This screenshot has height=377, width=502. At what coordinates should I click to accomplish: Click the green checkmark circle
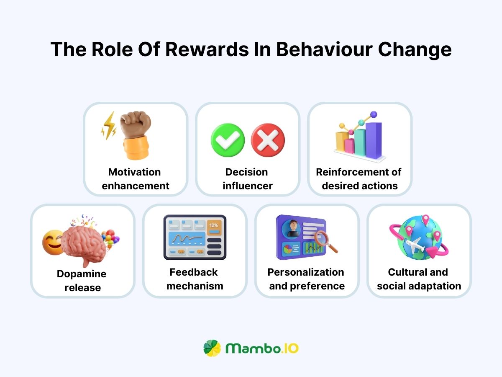(228, 140)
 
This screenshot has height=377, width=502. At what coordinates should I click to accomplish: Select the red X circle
(268, 140)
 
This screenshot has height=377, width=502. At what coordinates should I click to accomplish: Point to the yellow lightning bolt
(109, 126)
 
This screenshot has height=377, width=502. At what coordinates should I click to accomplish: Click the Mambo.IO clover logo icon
(212, 348)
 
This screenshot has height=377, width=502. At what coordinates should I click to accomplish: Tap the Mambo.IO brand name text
(262, 348)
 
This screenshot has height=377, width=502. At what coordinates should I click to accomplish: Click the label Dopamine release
(82, 281)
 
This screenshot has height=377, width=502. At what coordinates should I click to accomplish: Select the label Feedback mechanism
(194, 279)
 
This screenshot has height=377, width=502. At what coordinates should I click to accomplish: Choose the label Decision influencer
(247, 179)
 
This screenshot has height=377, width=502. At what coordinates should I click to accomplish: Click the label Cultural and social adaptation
(418, 279)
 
